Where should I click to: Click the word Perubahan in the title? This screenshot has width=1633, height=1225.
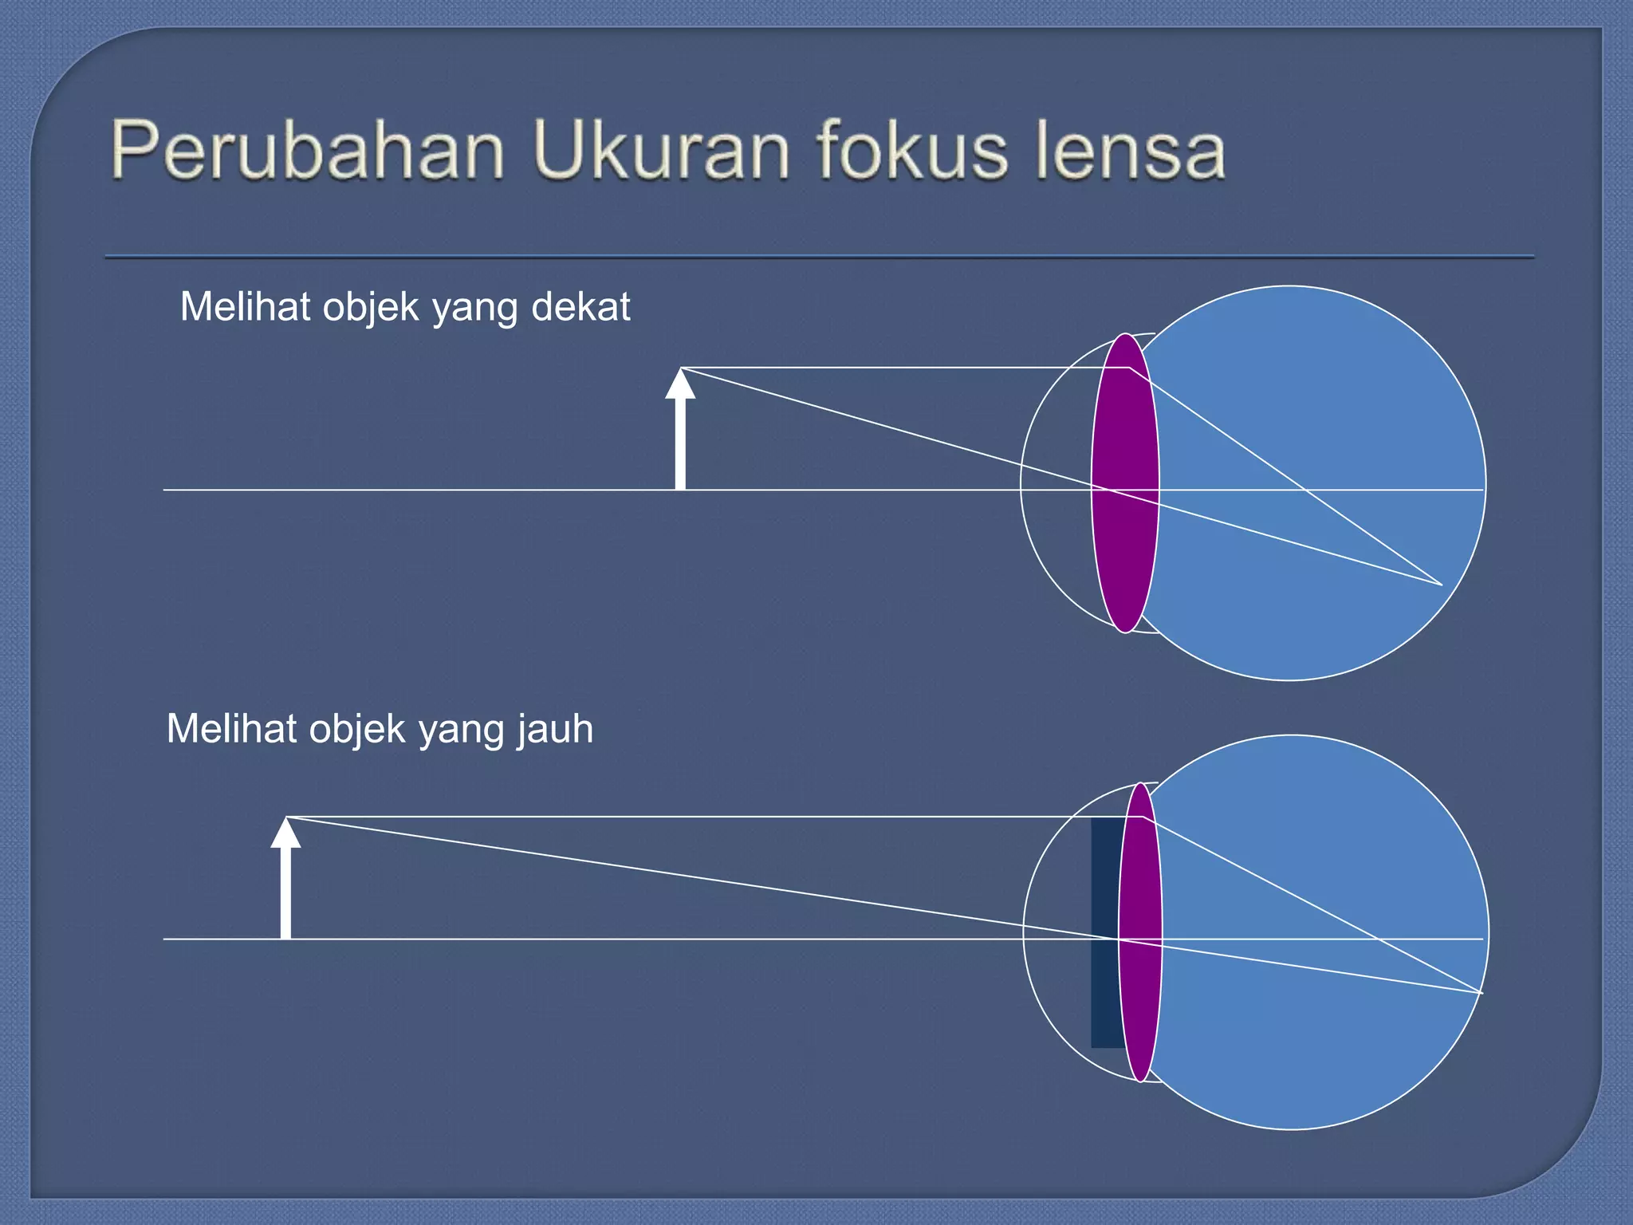pos(308,150)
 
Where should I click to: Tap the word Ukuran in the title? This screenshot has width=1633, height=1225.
pos(660,150)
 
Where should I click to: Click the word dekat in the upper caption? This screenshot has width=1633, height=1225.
pos(580,307)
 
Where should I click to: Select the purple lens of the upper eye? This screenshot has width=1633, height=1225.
pos(1125,483)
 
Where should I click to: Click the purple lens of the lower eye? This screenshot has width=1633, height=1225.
pos(1141,932)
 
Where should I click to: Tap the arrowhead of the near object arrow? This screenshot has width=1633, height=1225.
pos(680,384)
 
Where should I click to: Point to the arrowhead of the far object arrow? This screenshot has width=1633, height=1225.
pos(285,833)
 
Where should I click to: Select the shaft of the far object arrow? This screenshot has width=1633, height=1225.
pos(285,892)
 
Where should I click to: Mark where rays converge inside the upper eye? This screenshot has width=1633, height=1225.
pos(1441,585)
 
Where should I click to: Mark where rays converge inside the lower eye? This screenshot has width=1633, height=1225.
pos(1481,993)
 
